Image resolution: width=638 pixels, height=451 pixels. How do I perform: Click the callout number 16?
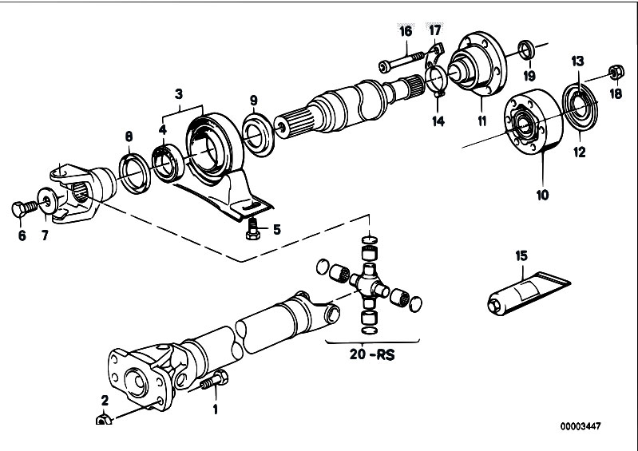406,31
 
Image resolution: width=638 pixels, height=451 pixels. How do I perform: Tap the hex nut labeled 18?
616,73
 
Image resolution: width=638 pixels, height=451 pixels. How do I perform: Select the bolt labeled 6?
24,209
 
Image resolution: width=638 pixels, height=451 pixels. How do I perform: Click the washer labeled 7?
46,200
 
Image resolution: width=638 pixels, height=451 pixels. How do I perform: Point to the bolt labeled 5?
252,229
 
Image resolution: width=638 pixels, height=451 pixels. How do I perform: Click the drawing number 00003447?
581,426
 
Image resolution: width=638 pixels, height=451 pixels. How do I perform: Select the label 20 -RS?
372,354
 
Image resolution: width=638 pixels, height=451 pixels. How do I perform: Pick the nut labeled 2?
104,418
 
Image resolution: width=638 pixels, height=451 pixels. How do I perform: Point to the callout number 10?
542,195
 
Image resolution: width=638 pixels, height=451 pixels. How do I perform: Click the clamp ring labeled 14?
437,80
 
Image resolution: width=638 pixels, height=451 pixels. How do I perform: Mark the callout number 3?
179,94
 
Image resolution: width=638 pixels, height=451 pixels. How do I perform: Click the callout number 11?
481,121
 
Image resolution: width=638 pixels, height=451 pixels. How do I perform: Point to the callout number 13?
577,61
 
